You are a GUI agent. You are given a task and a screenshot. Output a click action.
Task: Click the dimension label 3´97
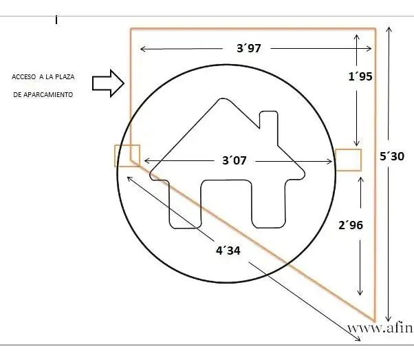[249, 48]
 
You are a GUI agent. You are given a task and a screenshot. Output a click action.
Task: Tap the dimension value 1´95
[360, 76]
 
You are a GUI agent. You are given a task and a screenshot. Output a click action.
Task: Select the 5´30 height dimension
[392, 156]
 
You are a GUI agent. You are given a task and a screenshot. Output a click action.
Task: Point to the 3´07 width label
[235, 160]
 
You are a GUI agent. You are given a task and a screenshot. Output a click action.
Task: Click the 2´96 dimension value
[351, 225]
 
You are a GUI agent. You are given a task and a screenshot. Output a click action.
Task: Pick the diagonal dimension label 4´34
[228, 251]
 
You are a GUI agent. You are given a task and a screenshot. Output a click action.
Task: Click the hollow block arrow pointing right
[108, 83]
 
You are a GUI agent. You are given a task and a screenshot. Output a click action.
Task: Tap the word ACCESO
[24, 77]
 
